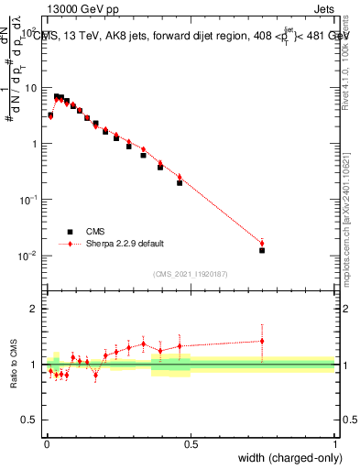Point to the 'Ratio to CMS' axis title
point(16,364)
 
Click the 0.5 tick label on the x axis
point(191,444)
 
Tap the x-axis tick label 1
point(335,444)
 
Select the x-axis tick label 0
point(46,444)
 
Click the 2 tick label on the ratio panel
point(36,309)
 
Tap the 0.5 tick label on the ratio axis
point(31,420)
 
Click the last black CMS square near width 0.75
point(262,250)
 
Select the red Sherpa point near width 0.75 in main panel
point(262,243)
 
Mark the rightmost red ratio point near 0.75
point(262,341)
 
